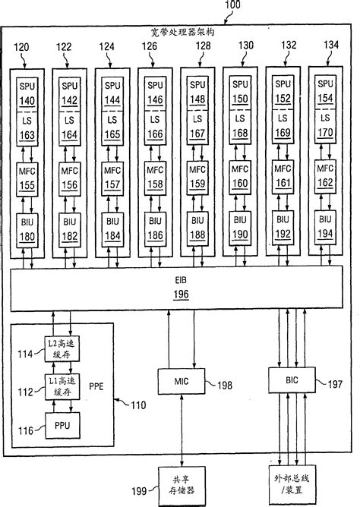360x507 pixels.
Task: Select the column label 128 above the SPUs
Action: (203, 47)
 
